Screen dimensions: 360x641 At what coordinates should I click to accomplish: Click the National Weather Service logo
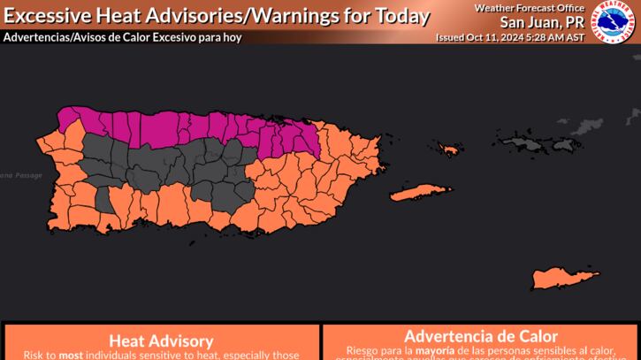click(615, 23)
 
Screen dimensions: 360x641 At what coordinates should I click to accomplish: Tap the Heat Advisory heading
click(159, 341)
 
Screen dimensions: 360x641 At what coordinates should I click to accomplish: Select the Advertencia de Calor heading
click(481, 336)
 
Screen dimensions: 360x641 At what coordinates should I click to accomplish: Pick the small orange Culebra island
click(449, 149)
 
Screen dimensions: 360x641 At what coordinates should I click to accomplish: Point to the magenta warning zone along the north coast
click(177, 124)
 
